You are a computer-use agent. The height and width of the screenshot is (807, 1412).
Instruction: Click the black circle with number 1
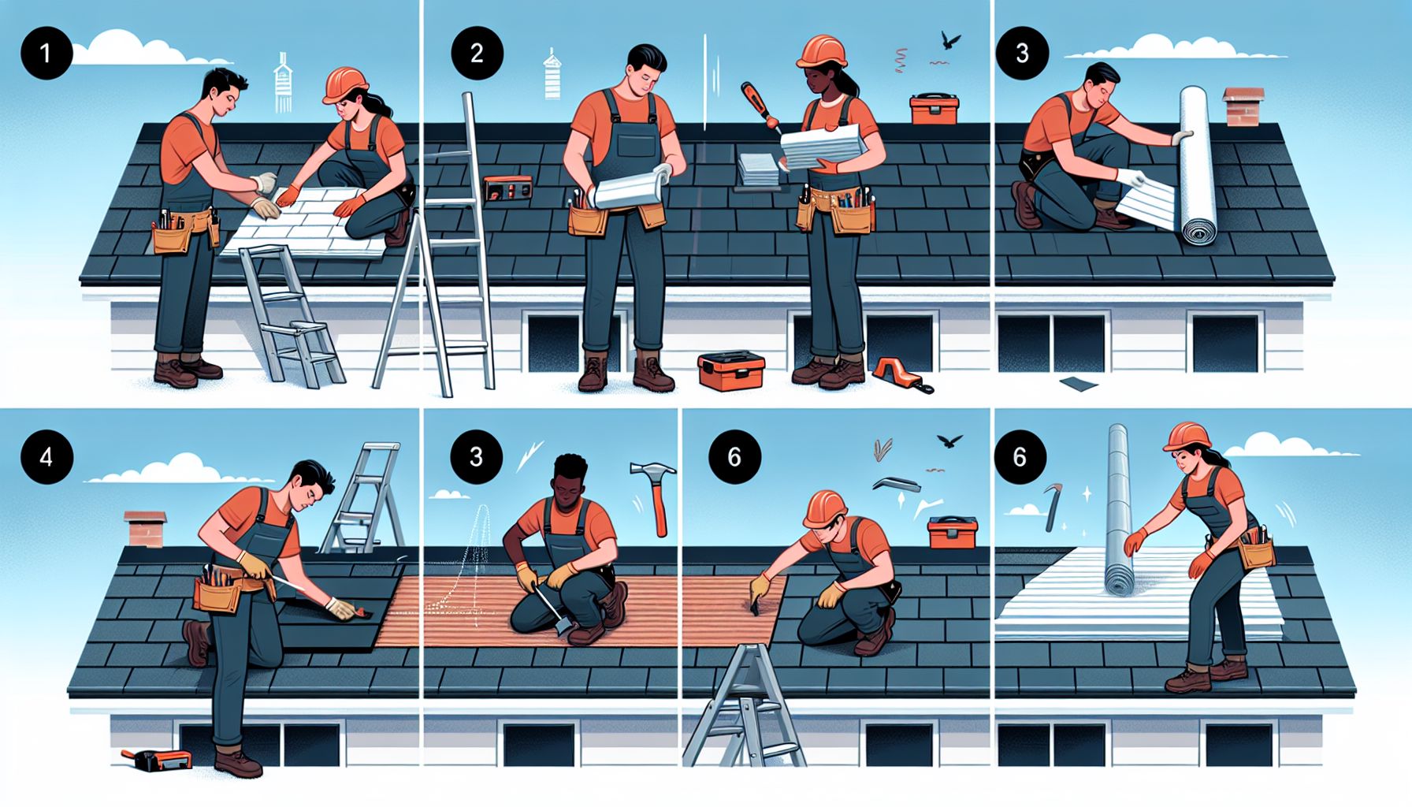(x=46, y=54)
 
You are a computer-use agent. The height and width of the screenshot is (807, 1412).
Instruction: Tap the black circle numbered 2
(x=477, y=54)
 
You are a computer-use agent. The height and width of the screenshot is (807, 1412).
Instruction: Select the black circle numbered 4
(x=46, y=456)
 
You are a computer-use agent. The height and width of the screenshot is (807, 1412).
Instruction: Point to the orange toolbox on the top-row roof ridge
(x=935, y=109)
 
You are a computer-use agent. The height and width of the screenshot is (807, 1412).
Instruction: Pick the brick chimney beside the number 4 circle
(x=146, y=529)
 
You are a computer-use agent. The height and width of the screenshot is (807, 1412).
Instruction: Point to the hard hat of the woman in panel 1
(x=346, y=84)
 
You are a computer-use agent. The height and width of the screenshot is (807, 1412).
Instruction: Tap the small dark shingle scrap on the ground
(x=1079, y=384)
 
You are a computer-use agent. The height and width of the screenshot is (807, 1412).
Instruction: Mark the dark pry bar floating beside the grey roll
(x=1053, y=508)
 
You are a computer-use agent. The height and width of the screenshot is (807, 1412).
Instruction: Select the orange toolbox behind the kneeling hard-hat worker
(x=953, y=532)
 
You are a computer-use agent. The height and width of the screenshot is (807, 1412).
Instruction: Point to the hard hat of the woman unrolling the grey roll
(x=1187, y=436)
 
